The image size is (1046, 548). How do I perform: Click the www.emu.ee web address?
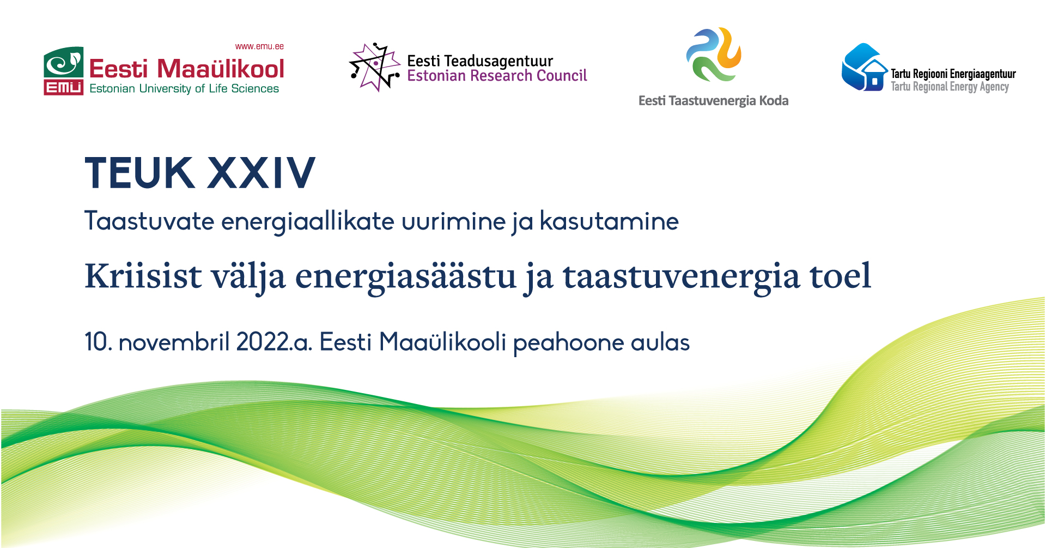point(259,46)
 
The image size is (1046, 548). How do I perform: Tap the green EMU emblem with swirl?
point(64,63)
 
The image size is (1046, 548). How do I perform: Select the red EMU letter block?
point(64,88)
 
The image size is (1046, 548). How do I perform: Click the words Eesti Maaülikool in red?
point(186,69)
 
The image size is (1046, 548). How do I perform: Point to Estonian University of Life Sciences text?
point(184,88)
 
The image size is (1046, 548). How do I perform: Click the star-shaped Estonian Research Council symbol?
point(374,67)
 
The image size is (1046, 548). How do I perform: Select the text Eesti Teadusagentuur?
point(480,61)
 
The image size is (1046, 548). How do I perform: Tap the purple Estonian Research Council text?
point(497,76)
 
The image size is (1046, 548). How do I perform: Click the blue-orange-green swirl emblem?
point(714,55)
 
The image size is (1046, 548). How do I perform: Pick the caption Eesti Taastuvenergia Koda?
point(714,101)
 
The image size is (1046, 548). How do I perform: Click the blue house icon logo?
point(865,67)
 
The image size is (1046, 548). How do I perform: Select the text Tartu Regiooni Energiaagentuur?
point(953,74)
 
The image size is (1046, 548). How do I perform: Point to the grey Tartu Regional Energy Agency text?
point(950,87)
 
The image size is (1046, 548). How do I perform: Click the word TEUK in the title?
point(139,173)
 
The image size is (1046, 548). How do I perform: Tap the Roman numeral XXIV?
point(261,173)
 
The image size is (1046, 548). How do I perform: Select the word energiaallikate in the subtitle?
point(308,222)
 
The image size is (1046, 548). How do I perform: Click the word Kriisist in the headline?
point(143,275)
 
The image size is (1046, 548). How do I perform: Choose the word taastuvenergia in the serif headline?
point(682,278)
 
